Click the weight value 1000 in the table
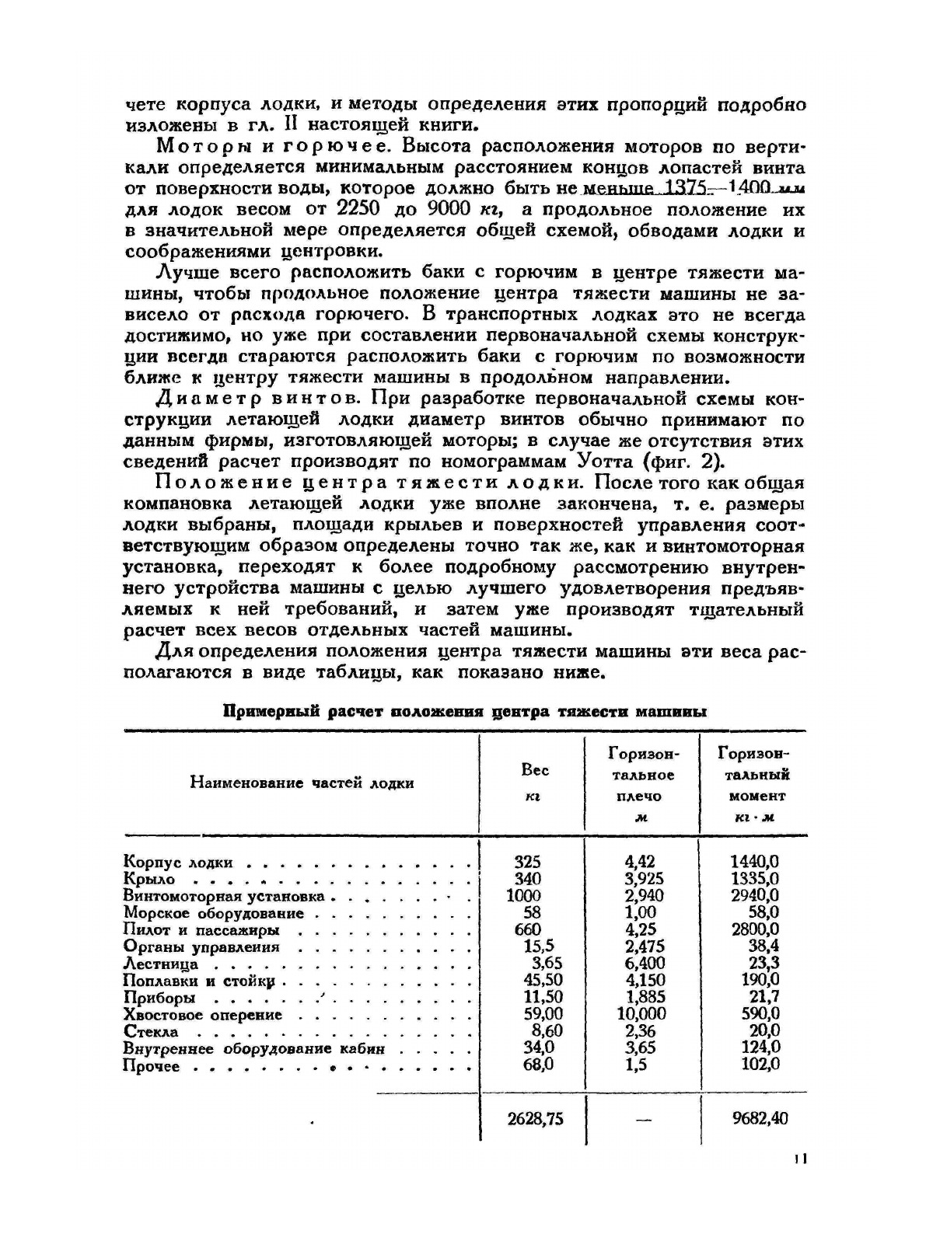point(523,895)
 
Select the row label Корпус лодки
point(177,862)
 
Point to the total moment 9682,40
point(760,1118)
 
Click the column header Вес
point(533,770)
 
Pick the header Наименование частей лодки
point(302,783)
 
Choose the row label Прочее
point(151,1067)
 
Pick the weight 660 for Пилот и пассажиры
point(527,929)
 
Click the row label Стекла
point(151,1032)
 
